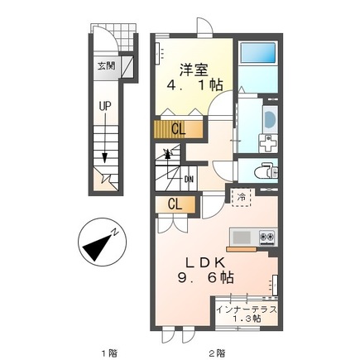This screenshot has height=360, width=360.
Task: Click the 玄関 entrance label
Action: click(x=106, y=66)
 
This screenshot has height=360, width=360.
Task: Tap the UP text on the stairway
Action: click(x=105, y=106)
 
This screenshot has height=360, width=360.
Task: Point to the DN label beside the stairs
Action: click(x=189, y=180)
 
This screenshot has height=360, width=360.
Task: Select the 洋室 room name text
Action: click(x=194, y=70)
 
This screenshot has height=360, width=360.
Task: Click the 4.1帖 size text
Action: click(x=194, y=85)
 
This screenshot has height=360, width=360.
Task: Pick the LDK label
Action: click(x=205, y=262)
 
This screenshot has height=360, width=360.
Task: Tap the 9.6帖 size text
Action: click(x=205, y=278)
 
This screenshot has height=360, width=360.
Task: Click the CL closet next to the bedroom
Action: click(x=178, y=129)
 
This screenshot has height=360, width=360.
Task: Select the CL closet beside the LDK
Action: click(x=175, y=204)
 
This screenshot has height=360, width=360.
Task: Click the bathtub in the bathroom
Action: click(x=258, y=53)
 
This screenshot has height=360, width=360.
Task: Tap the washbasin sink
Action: click(x=270, y=120)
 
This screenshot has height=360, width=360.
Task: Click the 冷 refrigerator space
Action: click(x=241, y=197)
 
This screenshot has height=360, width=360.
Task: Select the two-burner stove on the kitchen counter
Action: click(x=267, y=237)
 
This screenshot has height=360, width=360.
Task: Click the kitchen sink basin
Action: click(x=242, y=237)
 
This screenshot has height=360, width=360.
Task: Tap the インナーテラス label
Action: click(x=247, y=310)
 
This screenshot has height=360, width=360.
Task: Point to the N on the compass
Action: click(x=115, y=233)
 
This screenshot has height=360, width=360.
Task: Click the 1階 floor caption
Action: click(x=109, y=353)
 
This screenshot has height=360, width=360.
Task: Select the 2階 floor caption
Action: click(x=217, y=353)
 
